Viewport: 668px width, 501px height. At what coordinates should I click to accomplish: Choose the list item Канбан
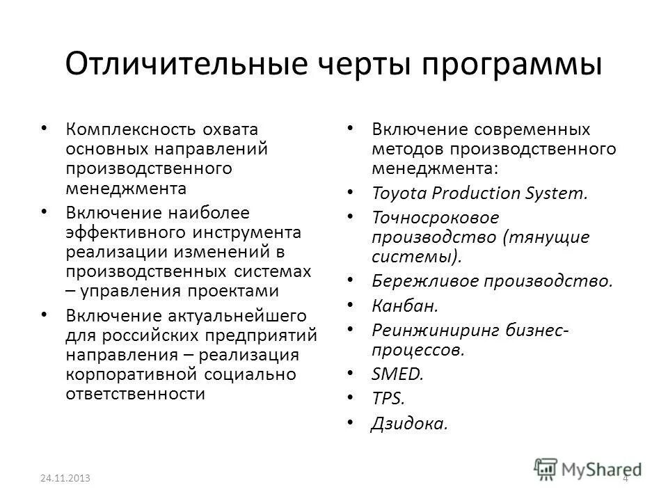coord(395,305)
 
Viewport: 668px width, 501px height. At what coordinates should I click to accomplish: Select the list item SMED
coord(397,374)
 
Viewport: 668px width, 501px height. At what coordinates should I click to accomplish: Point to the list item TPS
coord(388,399)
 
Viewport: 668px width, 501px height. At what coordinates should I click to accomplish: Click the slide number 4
coord(625,479)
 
